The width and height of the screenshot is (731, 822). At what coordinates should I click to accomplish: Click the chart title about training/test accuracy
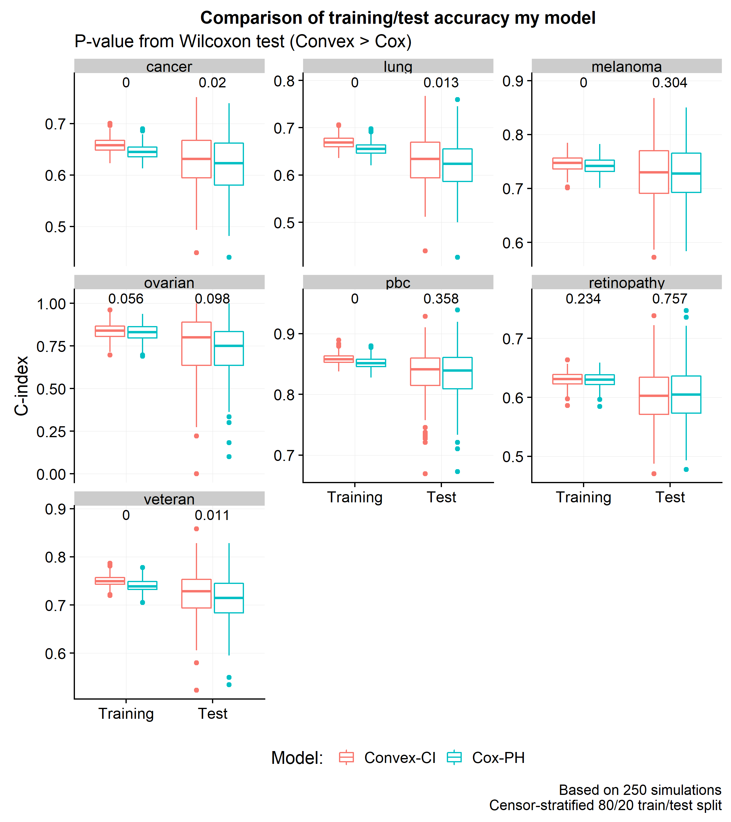click(x=397, y=18)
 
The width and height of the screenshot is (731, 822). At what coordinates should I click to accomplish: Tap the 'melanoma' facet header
click(x=627, y=66)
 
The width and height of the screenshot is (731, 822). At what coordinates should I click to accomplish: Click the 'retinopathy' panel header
click(x=627, y=283)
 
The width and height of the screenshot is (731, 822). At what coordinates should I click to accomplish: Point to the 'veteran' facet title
click(x=169, y=499)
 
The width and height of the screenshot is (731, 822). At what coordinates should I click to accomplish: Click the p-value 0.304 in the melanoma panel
click(x=669, y=83)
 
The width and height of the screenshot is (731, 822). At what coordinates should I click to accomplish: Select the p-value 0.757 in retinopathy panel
click(x=669, y=299)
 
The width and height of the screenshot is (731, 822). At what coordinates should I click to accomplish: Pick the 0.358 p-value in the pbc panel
click(x=441, y=299)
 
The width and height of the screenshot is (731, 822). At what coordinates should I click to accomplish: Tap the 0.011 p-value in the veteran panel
click(x=212, y=515)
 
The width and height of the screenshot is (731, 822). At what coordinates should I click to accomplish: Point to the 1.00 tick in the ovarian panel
click(x=51, y=304)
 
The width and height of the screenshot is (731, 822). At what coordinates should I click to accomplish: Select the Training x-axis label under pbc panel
click(x=355, y=497)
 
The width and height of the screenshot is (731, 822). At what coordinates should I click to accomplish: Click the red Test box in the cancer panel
click(x=196, y=159)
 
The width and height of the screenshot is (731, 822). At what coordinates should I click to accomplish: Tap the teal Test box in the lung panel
click(x=457, y=165)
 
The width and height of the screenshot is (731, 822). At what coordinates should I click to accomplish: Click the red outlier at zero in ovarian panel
click(x=196, y=474)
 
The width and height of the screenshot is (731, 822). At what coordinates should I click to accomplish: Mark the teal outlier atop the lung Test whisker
click(x=457, y=99)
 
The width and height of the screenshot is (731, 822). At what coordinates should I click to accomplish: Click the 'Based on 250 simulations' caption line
click(x=640, y=790)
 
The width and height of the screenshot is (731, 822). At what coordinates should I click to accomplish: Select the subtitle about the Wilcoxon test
click(x=243, y=41)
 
